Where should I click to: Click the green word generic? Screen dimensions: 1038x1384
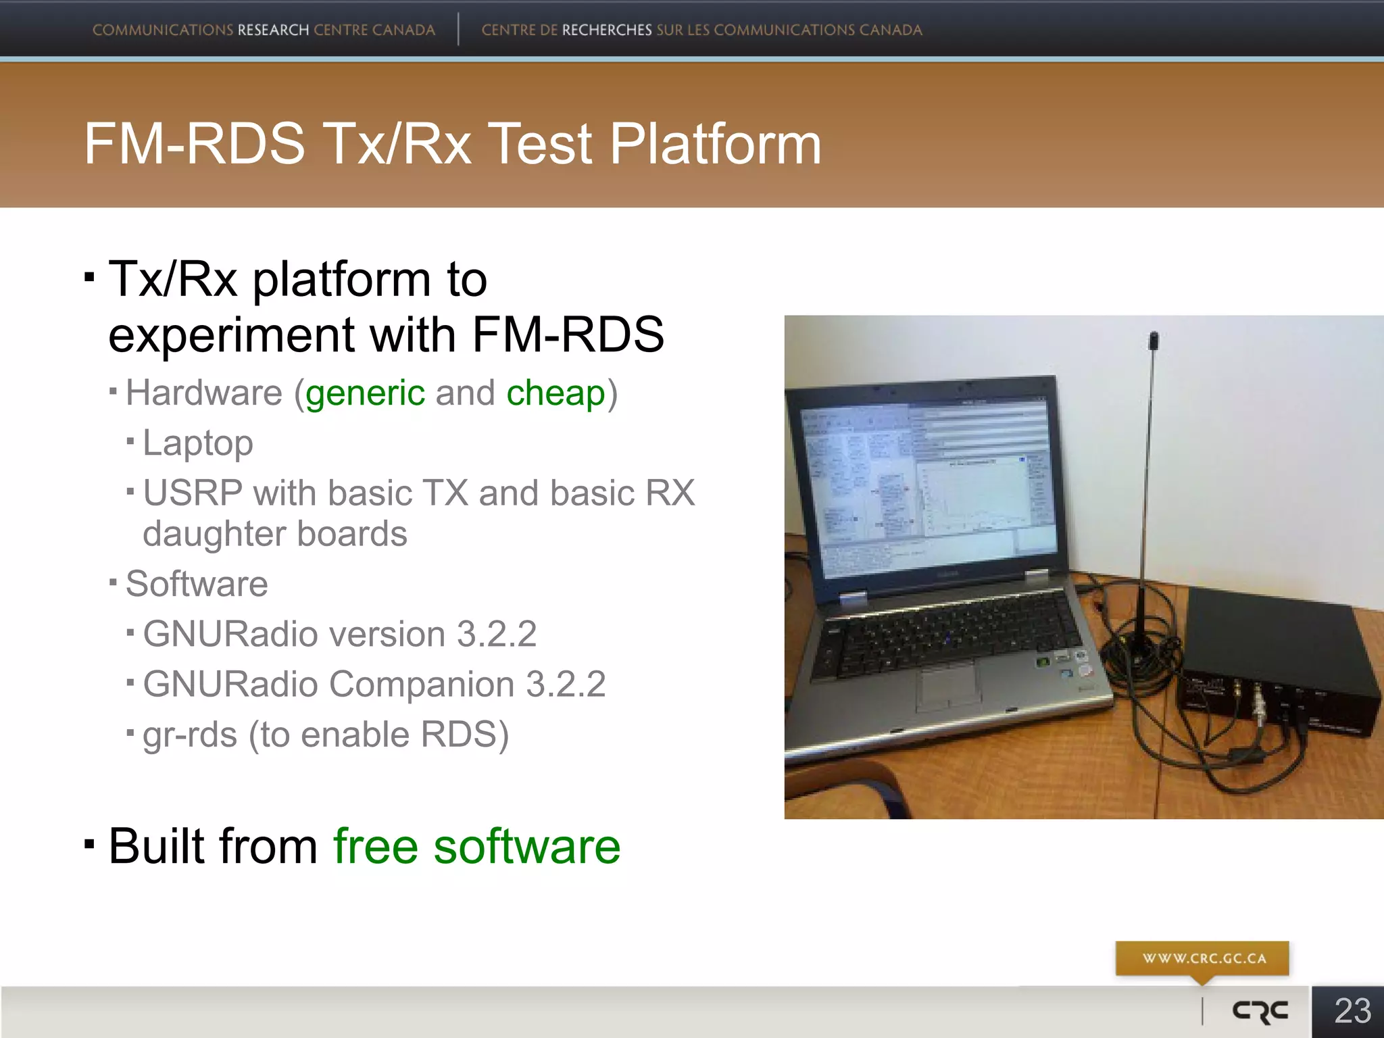click(x=365, y=393)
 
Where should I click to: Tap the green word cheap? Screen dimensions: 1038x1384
click(x=555, y=393)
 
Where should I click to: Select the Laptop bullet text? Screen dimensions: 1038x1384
click(x=197, y=443)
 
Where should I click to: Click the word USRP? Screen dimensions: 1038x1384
click(x=193, y=493)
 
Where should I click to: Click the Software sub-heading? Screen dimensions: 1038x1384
click(x=197, y=584)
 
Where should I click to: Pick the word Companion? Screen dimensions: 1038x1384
click(x=421, y=684)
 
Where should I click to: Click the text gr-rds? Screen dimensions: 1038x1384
click(x=190, y=735)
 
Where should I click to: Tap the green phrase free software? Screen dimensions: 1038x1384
click(x=476, y=846)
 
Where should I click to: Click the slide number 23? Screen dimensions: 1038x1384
click(x=1352, y=1011)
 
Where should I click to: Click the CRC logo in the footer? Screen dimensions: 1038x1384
click(x=1260, y=1011)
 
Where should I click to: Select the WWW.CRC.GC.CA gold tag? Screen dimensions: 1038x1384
click(x=1203, y=958)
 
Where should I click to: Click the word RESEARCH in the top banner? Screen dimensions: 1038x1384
click(x=273, y=30)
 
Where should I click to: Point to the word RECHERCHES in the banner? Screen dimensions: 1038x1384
click(x=606, y=30)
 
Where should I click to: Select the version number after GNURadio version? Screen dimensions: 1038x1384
click(x=496, y=634)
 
